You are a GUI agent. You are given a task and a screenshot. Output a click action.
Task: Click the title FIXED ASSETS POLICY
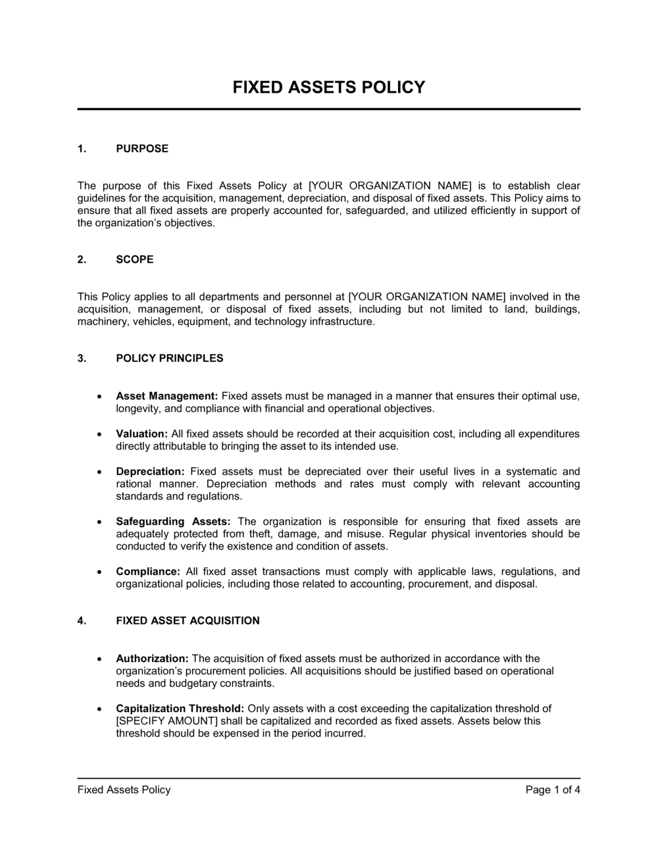[x=328, y=88]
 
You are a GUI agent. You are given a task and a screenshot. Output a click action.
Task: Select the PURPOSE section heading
[x=142, y=149]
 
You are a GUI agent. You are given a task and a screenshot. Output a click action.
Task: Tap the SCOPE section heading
[x=134, y=259]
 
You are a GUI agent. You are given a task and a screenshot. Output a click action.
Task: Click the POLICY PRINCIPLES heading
[x=169, y=359]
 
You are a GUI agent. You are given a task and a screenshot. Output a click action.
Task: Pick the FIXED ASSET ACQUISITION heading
[x=188, y=621]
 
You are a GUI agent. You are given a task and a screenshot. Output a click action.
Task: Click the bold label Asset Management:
[x=166, y=396]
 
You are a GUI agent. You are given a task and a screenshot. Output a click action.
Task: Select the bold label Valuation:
[x=141, y=434]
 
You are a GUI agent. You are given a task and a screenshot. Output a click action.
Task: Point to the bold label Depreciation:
[x=150, y=471]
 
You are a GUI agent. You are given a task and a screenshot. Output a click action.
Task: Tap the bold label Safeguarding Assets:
[x=173, y=521]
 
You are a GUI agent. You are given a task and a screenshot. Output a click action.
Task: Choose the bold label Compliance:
[x=148, y=571]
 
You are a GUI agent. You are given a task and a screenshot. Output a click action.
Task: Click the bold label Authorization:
[x=152, y=658]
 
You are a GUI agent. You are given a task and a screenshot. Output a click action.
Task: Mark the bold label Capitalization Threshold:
[x=180, y=709]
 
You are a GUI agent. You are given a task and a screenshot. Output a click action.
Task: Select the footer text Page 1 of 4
[x=553, y=790]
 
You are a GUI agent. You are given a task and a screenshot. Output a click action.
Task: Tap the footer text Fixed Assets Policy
[x=124, y=790]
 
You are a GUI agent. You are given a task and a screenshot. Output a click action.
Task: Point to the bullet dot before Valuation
[x=99, y=434]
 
